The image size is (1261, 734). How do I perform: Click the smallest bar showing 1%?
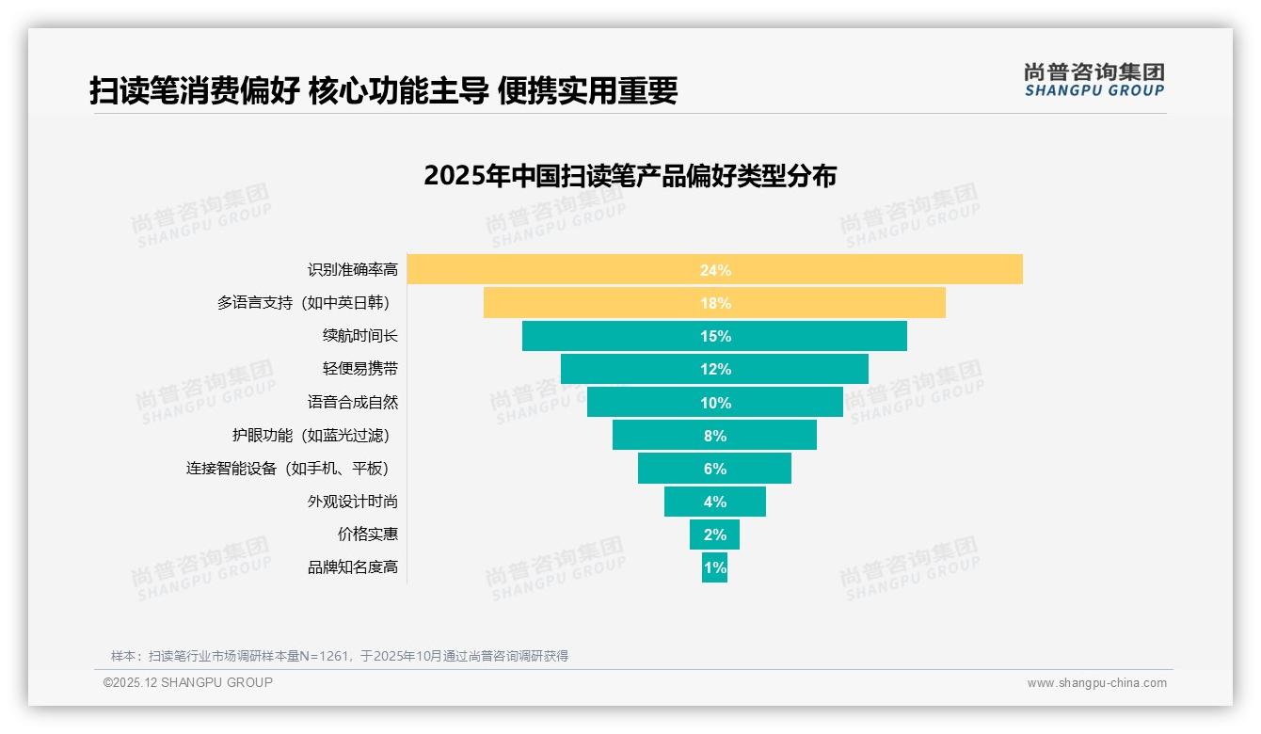[714, 567]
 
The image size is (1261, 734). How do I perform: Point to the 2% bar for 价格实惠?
[714, 535]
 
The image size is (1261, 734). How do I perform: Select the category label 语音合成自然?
[353, 402]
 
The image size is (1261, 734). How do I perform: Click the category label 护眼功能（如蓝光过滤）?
[311, 435]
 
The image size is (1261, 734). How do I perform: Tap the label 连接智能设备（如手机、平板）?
[288, 468]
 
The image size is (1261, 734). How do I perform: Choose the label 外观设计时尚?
[353, 501]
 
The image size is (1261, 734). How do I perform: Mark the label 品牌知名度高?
[353, 567]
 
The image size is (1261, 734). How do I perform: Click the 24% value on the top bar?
[715, 270]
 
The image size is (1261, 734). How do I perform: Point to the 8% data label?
[715, 436]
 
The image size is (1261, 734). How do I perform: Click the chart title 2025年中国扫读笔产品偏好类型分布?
[630, 176]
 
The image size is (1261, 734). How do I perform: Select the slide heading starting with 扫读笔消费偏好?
[384, 90]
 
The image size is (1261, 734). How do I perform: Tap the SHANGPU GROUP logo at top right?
[1093, 80]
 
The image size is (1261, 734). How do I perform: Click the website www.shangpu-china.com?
[1096, 683]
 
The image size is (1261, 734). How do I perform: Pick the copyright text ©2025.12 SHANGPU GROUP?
[188, 682]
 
